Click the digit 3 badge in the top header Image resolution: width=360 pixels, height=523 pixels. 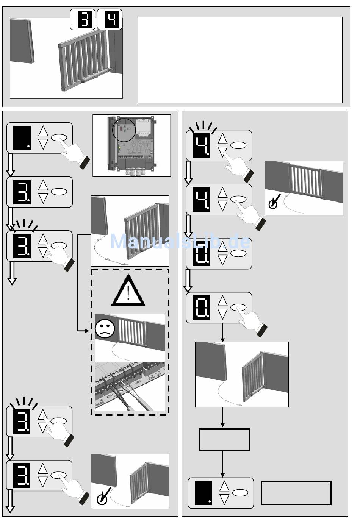tap(83, 20)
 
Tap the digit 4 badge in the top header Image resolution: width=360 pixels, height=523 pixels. tap(110, 20)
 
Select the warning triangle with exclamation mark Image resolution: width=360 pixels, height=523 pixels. tap(128, 291)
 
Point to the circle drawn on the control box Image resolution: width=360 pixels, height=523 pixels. tap(124, 130)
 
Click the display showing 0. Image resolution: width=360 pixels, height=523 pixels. tap(201, 308)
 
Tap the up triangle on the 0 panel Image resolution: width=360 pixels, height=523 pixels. tap(223, 301)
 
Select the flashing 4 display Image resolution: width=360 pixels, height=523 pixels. tap(201, 145)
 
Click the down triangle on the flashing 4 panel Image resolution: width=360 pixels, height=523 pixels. tap(223, 152)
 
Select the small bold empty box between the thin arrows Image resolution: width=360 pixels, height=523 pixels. tap(224, 440)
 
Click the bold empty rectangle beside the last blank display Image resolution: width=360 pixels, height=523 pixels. tap(296, 493)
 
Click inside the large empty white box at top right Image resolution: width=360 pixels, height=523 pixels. tap(240, 60)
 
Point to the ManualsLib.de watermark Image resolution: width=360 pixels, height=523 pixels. tap(180, 242)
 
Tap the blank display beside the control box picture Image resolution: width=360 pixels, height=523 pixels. tap(22, 138)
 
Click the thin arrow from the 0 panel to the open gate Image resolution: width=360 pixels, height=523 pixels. tap(222, 333)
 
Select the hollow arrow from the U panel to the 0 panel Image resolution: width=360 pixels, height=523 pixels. tap(188, 281)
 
